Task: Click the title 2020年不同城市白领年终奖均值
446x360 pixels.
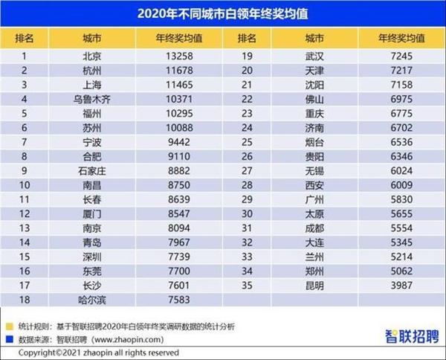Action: pyautogui.click(x=223, y=12)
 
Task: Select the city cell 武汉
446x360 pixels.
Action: pyautogui.click(x=314, y=55)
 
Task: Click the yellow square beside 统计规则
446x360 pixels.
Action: pyautogui.click(x=8, y=325)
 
